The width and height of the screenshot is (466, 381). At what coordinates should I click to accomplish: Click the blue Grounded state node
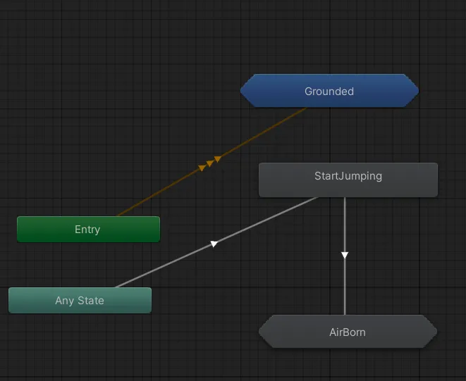point(329,91)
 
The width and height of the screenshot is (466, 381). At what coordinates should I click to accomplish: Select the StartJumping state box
point(348,180)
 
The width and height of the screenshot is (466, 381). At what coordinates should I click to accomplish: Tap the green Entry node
point(88,229)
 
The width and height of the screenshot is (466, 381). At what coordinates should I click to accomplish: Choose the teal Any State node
point(80,300)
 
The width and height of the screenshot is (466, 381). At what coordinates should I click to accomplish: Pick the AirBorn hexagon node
point(348,332)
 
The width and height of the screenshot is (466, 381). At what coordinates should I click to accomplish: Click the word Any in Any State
point(64,301)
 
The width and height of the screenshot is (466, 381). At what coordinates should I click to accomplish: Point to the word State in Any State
point(91,301)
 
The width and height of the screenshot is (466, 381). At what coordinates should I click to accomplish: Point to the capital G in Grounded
point(309,92)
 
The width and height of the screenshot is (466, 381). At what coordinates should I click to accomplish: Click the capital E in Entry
point(78,230)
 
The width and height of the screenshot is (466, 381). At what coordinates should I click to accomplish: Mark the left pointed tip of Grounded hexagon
point(240,91)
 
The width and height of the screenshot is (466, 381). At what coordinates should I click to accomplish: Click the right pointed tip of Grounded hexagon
point(419,91)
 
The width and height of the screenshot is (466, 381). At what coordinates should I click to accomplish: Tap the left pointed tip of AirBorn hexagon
point(259,332)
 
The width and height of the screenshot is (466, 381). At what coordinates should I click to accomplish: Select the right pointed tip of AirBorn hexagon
point(437,332)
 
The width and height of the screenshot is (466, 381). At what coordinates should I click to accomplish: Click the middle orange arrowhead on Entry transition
point(210,163)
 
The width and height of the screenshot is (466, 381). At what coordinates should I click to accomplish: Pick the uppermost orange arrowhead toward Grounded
point(218,159)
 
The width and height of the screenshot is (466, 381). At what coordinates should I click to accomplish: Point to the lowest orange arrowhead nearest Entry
point(202,168)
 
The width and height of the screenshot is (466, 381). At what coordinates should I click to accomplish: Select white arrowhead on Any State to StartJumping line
point(214,244)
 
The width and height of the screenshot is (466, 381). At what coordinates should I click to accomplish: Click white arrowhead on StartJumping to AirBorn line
point(345,255)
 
